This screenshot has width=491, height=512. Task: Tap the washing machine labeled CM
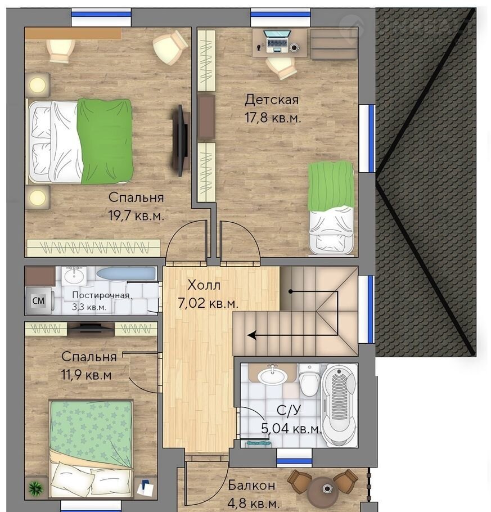pyautogui.click(x=38, y=301)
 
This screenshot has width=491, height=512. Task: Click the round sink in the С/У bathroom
pyautogui.click(x=273, y=375)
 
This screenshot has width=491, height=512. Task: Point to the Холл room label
pyautogui.click(x=204, y=285)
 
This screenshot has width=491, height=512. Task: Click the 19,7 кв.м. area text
pyautogui.click(x=136, y=216)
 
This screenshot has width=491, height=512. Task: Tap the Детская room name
pyautogui.click(x=272, y=99)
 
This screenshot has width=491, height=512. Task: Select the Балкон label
pyautogui.click(x=251, y=485)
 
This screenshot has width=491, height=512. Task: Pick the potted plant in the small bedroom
pyautogui.click(x=35, y=488)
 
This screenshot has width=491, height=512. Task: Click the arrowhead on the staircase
pyautogui.click(x=251, y=335)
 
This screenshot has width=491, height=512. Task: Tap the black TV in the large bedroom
pyautogui.click(x=181, y=141)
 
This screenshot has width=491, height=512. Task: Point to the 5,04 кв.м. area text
pyautogui.click(x=291, y=428)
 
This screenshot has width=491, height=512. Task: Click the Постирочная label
pyautogui.click(x=101, y=295)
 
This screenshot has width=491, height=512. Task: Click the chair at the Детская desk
pyautogui.click(x=281, y=68)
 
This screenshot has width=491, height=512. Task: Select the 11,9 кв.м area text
pyautogui.click(x=87, y=375)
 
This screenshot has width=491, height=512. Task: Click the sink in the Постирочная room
pyautogui.click(x=74, y=276)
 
